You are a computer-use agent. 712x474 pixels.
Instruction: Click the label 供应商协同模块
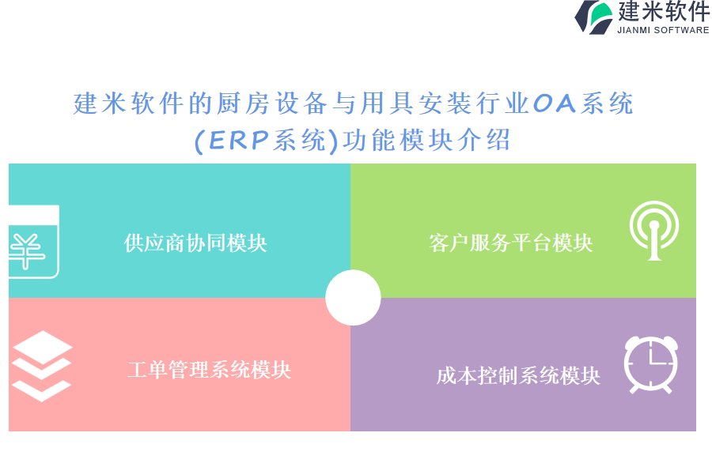point(195,243)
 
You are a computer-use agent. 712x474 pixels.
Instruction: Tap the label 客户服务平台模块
point(511,243)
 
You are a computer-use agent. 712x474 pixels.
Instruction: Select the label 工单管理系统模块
point(210,370)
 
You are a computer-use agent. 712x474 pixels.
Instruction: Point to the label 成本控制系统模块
point(518,376)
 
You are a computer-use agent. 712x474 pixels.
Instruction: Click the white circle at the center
point(353,298)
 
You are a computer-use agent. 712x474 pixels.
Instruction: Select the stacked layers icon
point(42,366)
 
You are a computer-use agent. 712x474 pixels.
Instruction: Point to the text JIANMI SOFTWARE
point(663,30)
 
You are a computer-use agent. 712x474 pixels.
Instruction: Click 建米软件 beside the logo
point(664,11)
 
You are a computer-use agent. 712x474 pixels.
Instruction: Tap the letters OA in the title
point(554,103)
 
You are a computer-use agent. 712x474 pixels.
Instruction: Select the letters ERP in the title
point(238,140)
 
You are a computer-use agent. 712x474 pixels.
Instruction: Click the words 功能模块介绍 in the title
point(426,140)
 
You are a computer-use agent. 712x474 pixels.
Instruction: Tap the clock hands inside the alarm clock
point(656,356)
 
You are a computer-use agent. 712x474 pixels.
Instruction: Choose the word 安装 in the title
point(445,103)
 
